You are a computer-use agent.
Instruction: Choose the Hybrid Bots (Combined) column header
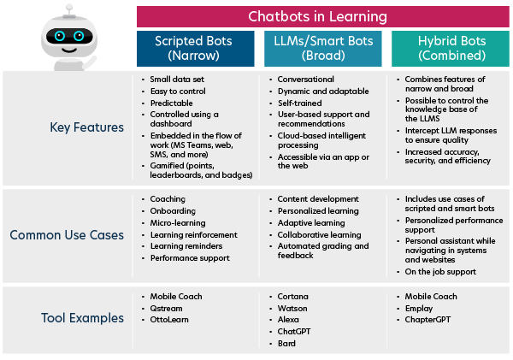coord(450,48)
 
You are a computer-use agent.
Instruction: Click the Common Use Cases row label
coord(67,234)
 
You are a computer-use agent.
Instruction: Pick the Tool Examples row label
coord(83,318)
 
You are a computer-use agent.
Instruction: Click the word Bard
coord(286,344)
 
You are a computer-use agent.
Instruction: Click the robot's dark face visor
coord(68,37)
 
